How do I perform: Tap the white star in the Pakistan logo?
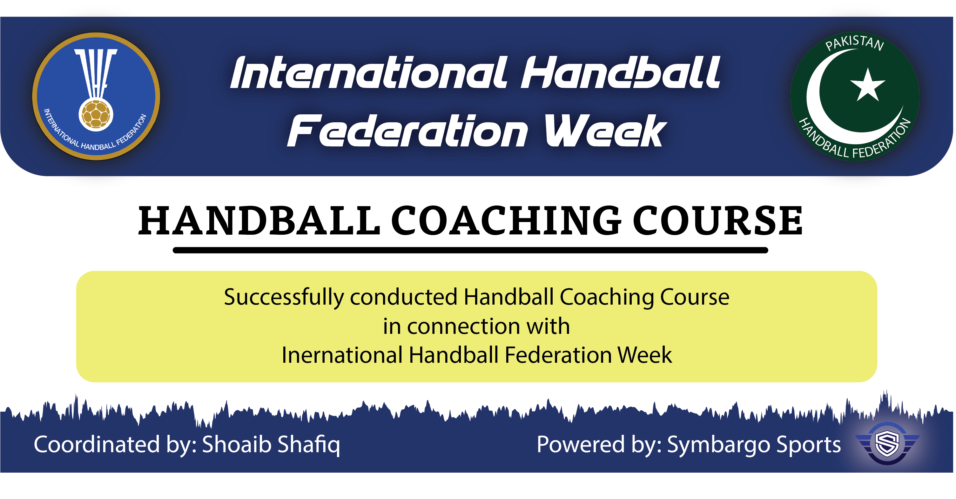pos(867,86)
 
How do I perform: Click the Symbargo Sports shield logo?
pos(887,443)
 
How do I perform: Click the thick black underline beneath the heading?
pos(470,250)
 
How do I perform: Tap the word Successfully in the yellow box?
pos(284,298)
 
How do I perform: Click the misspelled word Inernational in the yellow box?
pos(342,355)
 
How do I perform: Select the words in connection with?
pos(476,326)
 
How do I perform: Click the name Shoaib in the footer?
pos(236,444)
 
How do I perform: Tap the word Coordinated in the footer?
pos(97,444)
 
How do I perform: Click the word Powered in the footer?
pos(581,444)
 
